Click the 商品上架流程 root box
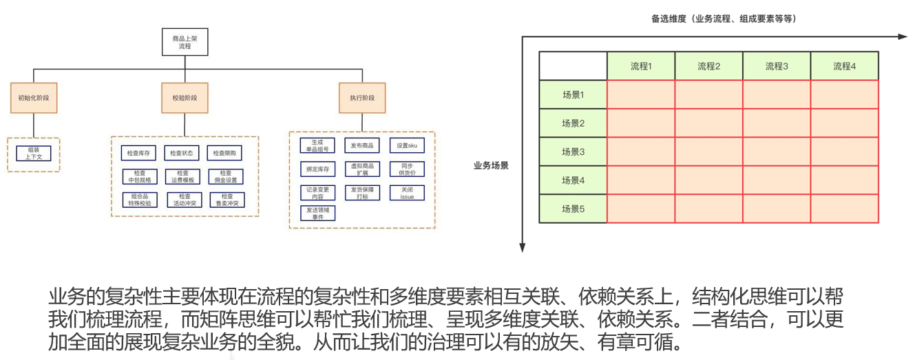[x=185, y=41]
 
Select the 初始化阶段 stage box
[x=33, y=98]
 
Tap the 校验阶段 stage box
[x=185, y=98]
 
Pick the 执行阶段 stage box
[x=362, y=98]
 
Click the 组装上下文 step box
[x=34, y=153]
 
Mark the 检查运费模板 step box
[x=182, y=176]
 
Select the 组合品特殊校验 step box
[x=139, y=200]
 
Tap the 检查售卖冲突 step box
[x=227, y=200]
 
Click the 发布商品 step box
[x=362, y=145]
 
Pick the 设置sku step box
[x=407, y=145]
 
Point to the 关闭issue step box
[x=407, y=193]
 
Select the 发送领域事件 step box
[x=318, y=213]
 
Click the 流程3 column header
[x=776, y=66]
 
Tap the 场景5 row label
[x=573, y=209]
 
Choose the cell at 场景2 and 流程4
[x=844, y=123]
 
